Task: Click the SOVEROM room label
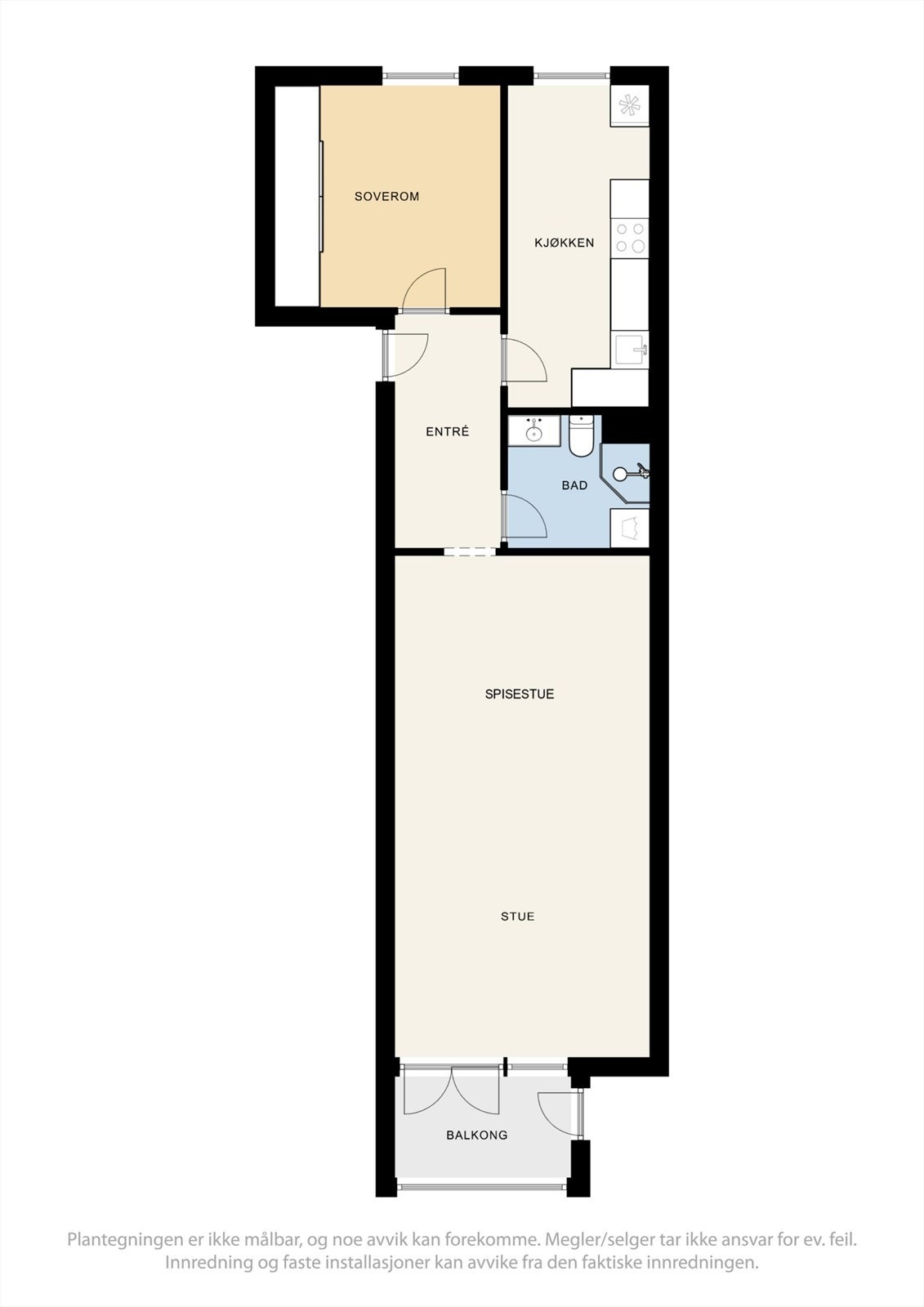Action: tap(386, 196)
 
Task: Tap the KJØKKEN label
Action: tap(564, 243)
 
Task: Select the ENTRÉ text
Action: tap(447, 431)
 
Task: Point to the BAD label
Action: tap(574, 485)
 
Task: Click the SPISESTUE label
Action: tap(520, 694)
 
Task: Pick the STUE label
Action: tap(517, 917)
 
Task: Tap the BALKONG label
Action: tap(476, 1135)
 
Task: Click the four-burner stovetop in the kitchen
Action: tap(631, 238)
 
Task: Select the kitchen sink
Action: tap(631, 350)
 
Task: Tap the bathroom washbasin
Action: tap(534, 430)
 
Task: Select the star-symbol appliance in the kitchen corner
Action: tap(630, 105)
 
